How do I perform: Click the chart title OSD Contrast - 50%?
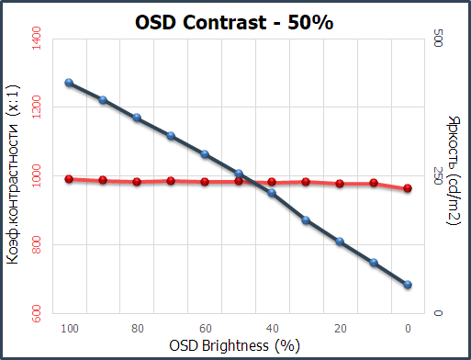[x=235, y=21]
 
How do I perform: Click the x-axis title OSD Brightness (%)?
[x=235, y=345]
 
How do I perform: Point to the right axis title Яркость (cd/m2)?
[x=454, y=177]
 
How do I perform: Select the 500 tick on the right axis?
[x=438, y=39]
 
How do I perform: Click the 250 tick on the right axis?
[x=438, y=176]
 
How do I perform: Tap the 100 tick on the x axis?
[x=68, y=328]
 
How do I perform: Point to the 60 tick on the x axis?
[x=205, y=328]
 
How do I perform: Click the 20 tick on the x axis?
[x=340, y=328]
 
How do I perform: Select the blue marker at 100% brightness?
[x=69, y=83]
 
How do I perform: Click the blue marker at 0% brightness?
[x=408, y=285]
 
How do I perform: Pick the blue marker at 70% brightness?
[x=171, y=136]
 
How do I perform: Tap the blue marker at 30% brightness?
[x=306, y=220]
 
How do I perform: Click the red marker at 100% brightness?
[x=69, y=179]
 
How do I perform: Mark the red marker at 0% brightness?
[x=408, y=188]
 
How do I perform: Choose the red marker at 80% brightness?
[x=137, y=182]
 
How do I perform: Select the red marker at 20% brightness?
[x=340, y=184]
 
